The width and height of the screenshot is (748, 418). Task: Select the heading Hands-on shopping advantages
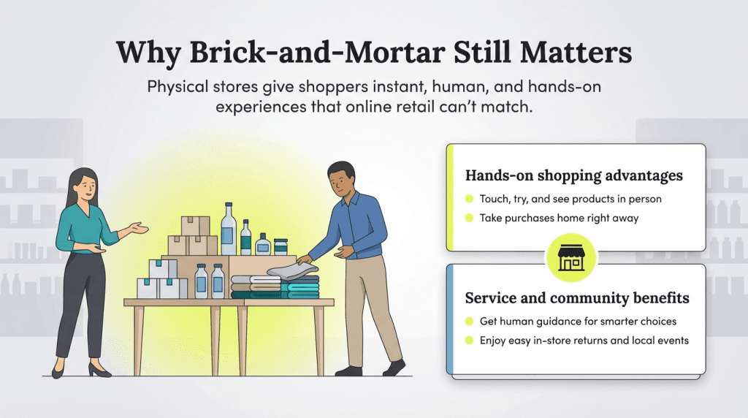click(574, 175)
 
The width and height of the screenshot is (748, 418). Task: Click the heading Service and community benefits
click(577, 298)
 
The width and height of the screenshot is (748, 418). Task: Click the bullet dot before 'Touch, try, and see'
click(469, 199)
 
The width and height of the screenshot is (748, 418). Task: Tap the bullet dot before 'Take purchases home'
click(469, 218)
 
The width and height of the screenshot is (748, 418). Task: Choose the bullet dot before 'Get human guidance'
click(469, 322)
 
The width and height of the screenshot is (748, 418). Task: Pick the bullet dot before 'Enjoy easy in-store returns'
click(469, 341)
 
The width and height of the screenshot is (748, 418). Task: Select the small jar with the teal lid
click(280, 246)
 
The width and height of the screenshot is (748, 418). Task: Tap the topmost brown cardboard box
click(195, 225)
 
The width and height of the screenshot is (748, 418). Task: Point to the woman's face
click(85, 187)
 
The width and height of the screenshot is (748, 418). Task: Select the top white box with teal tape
click(162, 268)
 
